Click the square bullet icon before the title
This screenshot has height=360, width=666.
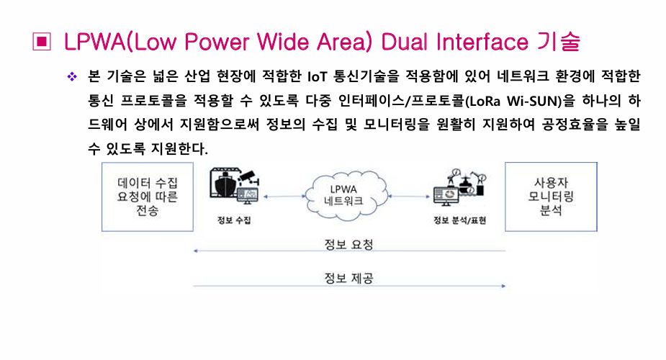[42, 42]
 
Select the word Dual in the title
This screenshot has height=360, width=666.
[405, 42]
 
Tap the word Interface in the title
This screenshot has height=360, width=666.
[482, 42]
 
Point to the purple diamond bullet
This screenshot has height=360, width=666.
[72, 77]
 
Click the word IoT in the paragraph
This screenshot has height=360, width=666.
[318, 77]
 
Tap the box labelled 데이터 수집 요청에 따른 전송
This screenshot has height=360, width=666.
[148, 197]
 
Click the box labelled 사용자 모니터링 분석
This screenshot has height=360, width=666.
[551, 197]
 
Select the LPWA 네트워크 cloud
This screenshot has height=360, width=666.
[345, 195]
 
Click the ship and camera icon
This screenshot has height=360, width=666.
[235, 187]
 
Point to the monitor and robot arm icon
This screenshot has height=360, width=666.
[459, 187]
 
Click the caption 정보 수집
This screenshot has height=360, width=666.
[234, 220]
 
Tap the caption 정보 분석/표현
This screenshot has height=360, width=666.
[459, 220]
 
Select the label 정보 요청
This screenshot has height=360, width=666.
[348, 244]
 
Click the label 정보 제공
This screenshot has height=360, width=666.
[348, 278]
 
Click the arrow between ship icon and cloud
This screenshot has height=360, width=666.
[284, 197]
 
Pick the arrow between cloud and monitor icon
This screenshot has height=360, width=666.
[409, 197]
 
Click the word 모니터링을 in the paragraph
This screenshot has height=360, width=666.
[396, 125]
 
